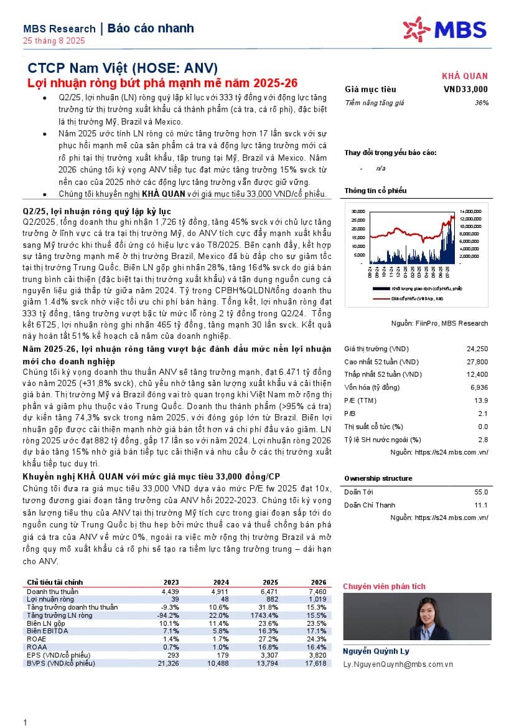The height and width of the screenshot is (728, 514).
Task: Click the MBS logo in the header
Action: tap(443, 29)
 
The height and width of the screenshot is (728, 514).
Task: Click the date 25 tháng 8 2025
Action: tap(54, 41)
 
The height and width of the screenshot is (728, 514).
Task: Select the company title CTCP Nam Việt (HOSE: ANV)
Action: tap(123, 69)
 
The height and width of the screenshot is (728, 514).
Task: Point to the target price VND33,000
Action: tap(465, 89)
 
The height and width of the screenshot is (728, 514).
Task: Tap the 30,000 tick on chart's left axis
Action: tap(357, 210)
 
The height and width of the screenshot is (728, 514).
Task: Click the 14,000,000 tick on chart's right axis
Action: tap(470, 210)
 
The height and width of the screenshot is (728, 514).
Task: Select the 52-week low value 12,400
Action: tap(477, 374)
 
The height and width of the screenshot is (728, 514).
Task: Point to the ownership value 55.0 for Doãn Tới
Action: tap(480, 492)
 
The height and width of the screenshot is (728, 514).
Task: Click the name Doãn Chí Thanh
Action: tap(370, 505)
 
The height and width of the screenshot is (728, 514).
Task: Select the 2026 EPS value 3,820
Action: tap(317, 655)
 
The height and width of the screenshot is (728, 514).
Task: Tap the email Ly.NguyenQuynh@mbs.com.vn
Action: tap(398, 664)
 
